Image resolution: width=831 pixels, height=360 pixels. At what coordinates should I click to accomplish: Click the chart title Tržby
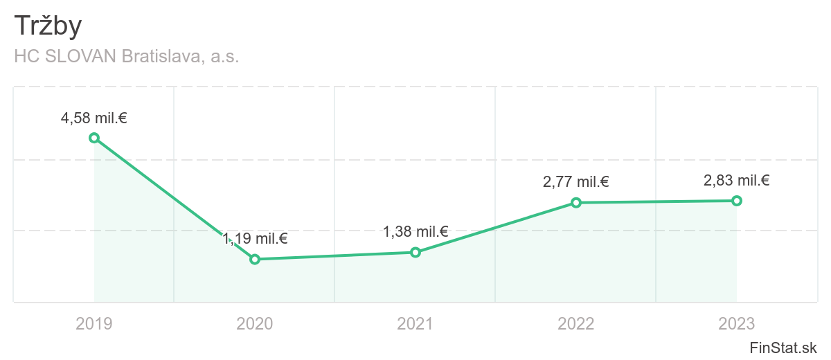48,26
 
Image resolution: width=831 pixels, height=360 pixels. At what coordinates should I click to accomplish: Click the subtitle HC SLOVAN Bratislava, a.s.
127,57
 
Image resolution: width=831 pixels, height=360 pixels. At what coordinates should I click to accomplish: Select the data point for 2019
94,138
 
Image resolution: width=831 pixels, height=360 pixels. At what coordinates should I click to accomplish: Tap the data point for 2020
255,259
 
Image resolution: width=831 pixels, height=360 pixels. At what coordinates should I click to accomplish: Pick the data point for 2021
415,252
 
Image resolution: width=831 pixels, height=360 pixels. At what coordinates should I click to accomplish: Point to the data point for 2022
576,203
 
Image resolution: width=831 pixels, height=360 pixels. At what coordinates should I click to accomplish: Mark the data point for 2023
737,201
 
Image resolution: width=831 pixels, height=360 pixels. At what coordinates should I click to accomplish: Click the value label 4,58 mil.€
94,118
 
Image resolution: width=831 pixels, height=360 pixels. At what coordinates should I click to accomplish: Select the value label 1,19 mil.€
255,239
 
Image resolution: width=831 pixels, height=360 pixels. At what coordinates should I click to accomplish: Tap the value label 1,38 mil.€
415,232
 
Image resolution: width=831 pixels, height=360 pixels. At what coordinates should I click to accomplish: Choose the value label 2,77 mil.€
576,183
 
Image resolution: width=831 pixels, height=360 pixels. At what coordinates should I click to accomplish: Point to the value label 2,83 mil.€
737,181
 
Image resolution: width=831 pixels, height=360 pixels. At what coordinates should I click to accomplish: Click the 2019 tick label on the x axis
94,323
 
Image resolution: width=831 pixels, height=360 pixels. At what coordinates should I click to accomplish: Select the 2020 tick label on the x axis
255,323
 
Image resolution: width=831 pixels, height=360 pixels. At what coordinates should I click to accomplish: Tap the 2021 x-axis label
415,323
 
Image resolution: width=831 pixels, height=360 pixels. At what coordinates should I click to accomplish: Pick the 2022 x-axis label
576,323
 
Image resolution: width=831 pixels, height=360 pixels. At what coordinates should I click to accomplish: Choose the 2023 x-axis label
737,323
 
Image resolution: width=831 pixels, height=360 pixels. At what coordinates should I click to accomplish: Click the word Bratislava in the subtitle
164,57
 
